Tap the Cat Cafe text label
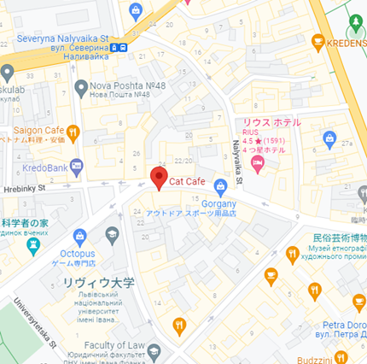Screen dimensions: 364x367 click(186, 181)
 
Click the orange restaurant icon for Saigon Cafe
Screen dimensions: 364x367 click(73, 132)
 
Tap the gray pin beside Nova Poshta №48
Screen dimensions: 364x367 click(81, 86)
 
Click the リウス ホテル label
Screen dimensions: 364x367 click(271, 122)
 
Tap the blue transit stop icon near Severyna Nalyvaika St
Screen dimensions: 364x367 click(124, 48)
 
